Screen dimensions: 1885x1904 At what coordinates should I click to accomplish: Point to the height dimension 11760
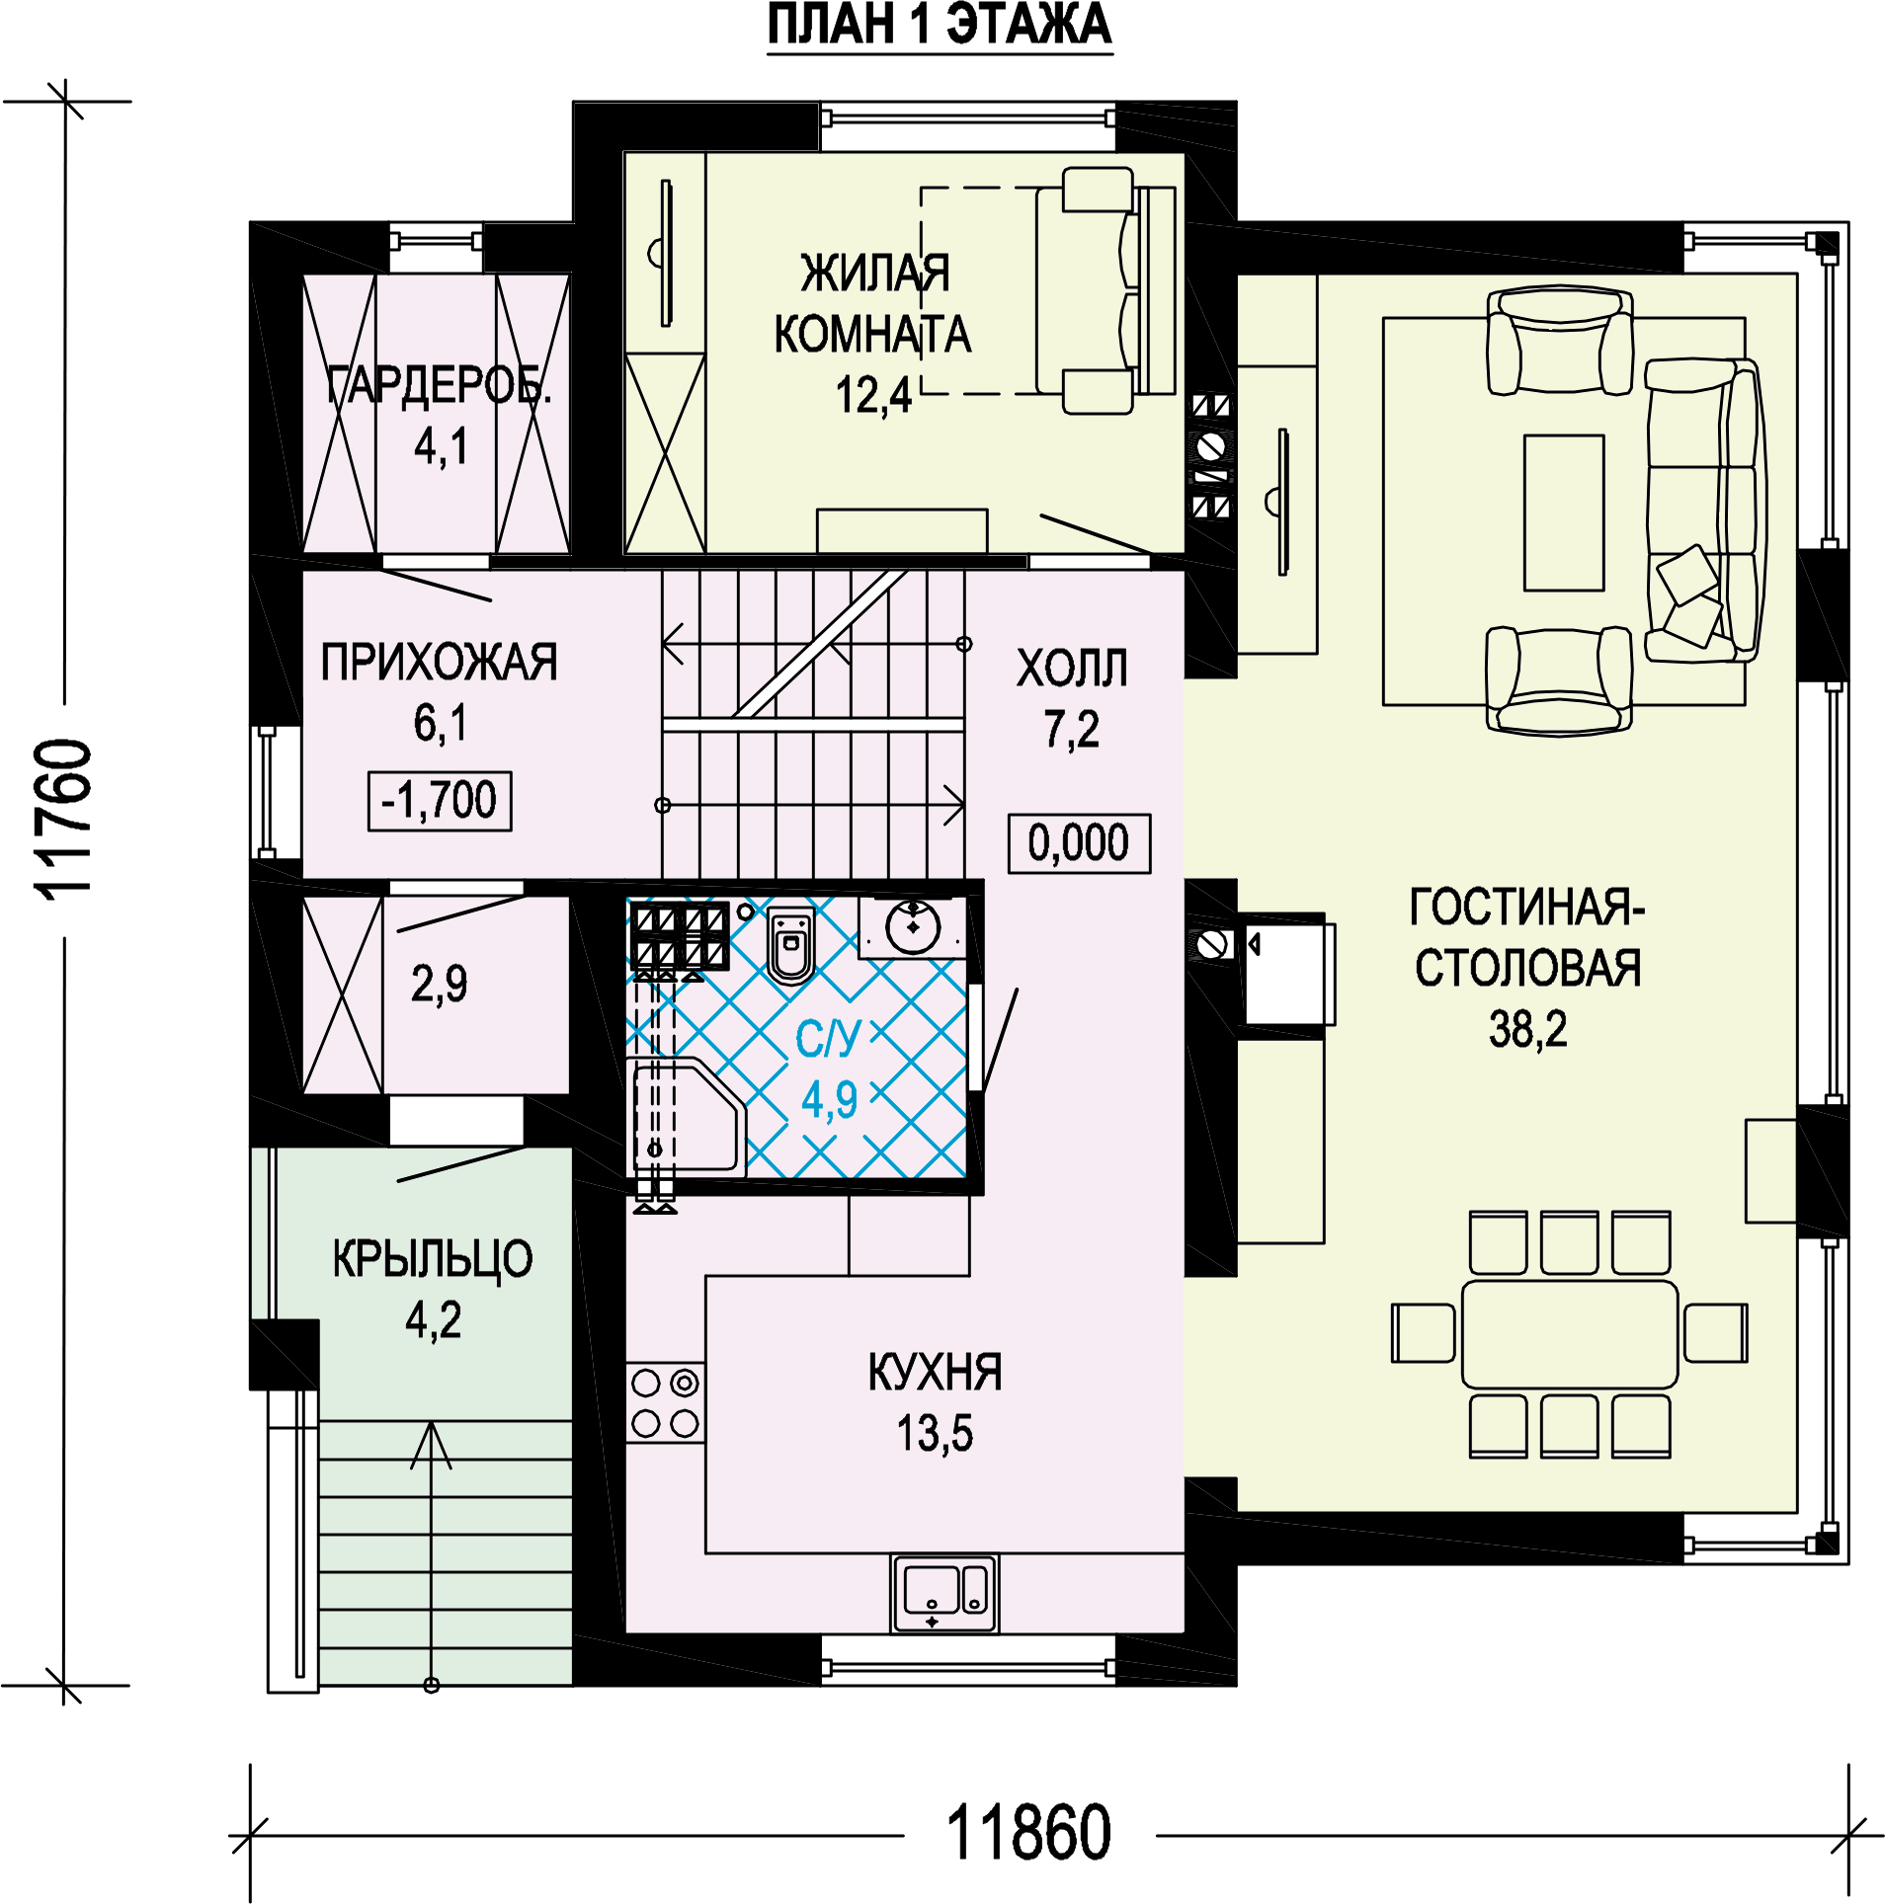coord(64,820)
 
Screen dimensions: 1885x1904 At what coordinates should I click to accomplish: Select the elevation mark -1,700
coord(440,801)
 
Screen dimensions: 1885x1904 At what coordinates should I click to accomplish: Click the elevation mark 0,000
coord(1079,843)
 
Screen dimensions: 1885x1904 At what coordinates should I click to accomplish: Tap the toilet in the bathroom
coord(790,945)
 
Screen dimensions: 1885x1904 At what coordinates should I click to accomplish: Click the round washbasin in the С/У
coord(913,926)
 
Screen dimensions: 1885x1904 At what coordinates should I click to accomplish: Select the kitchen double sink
coord(944,1593)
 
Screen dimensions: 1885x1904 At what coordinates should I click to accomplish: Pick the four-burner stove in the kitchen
coord(665,1402)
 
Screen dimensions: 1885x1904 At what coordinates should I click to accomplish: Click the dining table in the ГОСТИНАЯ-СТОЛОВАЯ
coord(1569,1334)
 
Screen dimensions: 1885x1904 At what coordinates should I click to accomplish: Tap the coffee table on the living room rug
coord(1563,513)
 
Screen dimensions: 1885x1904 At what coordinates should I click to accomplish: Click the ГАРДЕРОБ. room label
coord(439,385)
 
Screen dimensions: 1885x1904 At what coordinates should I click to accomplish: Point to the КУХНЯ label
coord(935,1372)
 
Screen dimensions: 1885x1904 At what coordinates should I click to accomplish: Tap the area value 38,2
coord(1527,1029)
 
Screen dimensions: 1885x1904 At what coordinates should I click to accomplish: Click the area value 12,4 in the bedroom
coord(873,396)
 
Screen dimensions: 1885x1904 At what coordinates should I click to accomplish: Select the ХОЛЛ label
coord(1072,669)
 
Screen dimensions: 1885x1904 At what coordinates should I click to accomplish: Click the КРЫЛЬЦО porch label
coord(432,1259)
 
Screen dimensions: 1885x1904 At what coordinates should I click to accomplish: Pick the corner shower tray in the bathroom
coord(686,1116)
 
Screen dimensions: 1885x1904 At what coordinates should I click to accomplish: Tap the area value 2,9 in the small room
coord(439,984)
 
